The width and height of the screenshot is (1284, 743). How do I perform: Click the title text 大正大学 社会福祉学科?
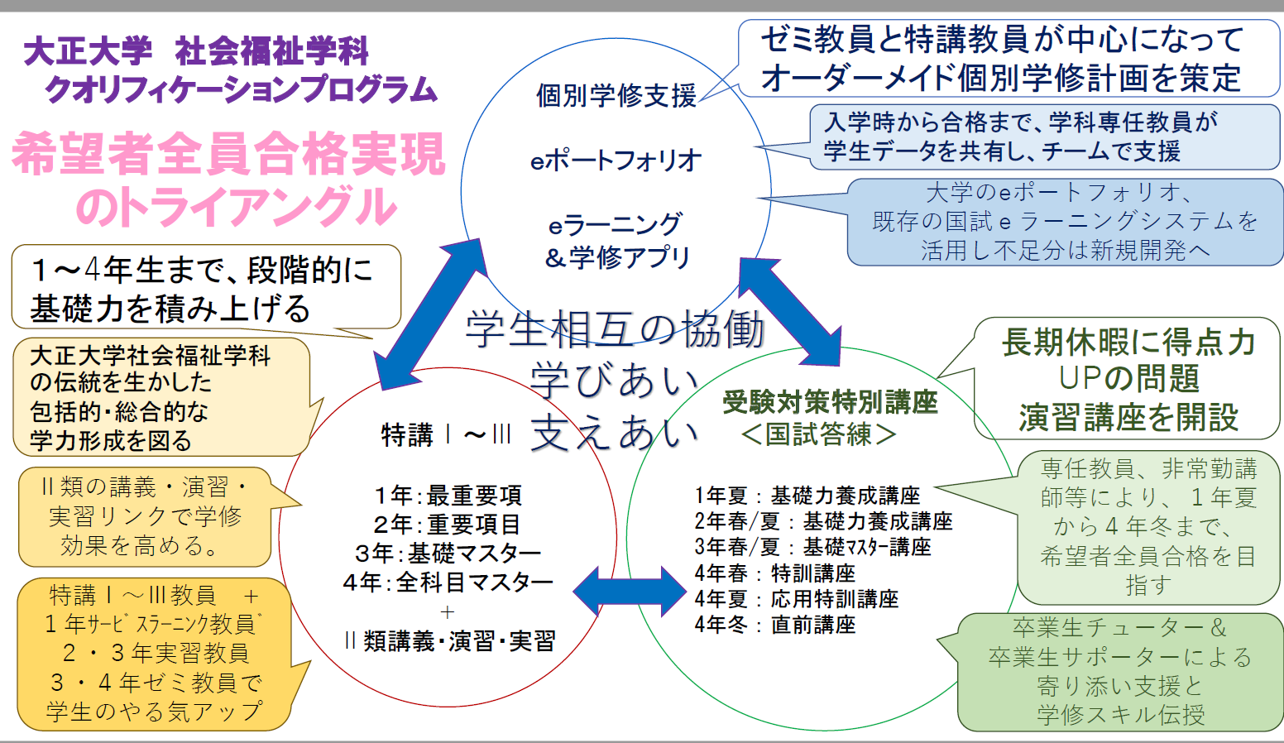pyautogui.click(x=196, y=52)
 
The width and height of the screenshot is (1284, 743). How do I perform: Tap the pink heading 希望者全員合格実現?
pyautogui.click(x=228, y=155)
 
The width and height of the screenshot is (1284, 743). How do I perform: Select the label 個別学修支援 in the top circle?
pyautogui.click(x=616, y=96)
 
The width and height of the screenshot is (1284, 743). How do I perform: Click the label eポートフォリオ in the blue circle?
pyautogui.click(x=616, y=161)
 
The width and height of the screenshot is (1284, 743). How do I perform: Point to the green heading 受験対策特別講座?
pyautogui.click(x=830, y=402)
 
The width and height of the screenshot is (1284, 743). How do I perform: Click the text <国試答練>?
pyautogui.click(x=818, y=434)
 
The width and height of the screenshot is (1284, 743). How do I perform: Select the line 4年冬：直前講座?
pyautogui.click(x=775, y=625)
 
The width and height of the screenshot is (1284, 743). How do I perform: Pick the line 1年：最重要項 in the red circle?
pyautogui.click(x=448, y=496)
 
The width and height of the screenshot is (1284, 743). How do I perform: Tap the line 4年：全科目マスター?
pyautogui.click(x=448, y=582)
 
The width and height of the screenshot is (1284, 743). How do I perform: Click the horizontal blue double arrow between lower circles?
pyautogui.click(x=629, y=591)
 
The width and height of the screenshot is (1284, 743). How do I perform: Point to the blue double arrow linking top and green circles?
pyautogui.click(x=789, y=311)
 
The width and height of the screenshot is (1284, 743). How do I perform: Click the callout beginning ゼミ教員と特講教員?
pyautogui.click(x=1007, y=59)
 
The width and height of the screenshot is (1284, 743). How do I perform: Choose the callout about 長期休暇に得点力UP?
pyautogui.click(x=1128, y=379)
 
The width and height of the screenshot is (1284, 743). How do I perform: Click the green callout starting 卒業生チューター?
pyautogui.click(x=1120, y=671)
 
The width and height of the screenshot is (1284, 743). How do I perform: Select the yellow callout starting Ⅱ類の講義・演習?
pyautogui.click(x=145, y=516)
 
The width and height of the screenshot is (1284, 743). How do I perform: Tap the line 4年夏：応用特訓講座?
pyautogui.click(x=796, y=599)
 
